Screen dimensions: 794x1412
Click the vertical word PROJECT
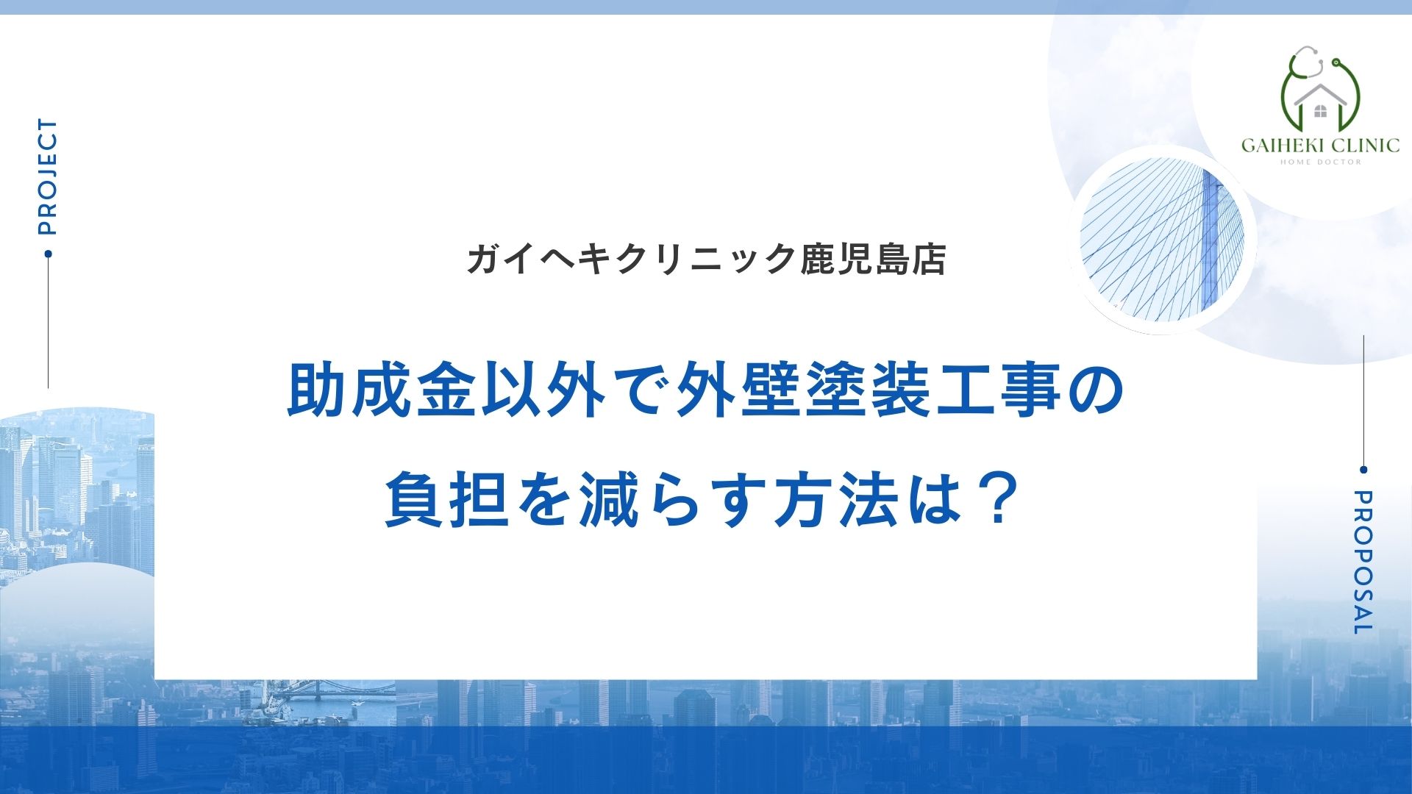(47, 176)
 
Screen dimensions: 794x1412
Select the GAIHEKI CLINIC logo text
(1320, 145)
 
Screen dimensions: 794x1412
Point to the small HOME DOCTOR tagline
(1321, 162)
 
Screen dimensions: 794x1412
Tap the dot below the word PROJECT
(49, 254)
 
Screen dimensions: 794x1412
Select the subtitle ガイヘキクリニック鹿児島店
(706, 260)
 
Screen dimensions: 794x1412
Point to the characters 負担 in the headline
(448, 500)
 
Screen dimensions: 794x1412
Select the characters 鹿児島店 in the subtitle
(873, 260)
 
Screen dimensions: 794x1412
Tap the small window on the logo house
(1320, 112)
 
